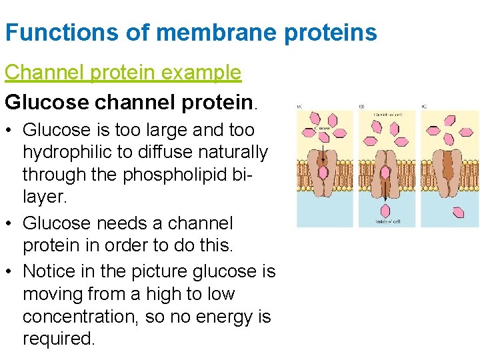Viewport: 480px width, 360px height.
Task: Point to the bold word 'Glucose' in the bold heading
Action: (x=47, y=101)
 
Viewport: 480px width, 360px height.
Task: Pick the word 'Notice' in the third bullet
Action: (x=53, y=271)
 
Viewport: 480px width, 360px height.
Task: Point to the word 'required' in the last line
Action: (x=58, y=339)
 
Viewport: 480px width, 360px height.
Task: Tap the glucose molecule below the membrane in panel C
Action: (x=459, y=212)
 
